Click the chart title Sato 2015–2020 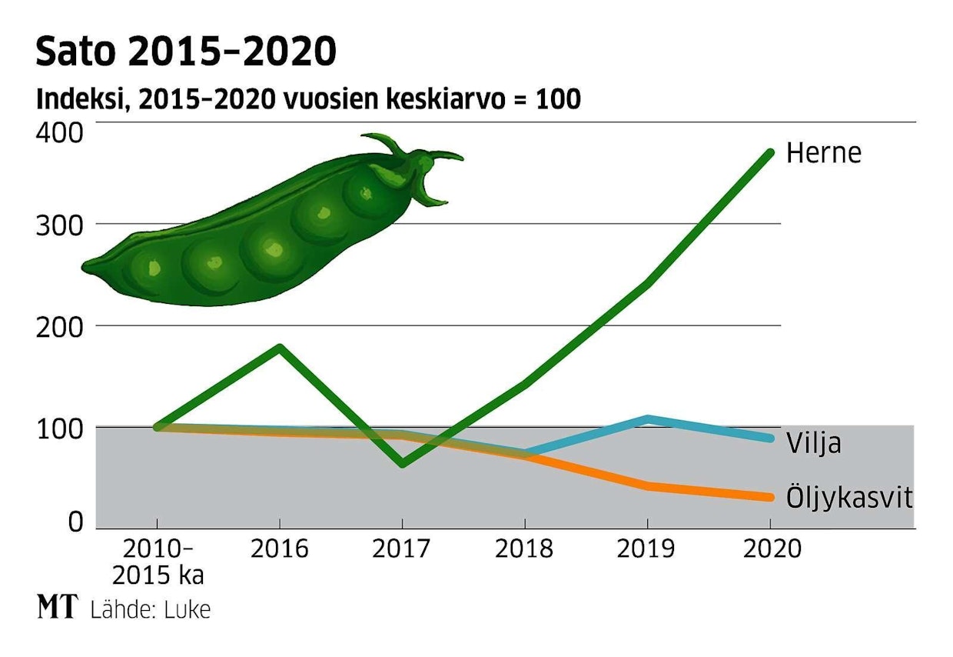[186, 52]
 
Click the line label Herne [824, 153]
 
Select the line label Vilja [813, 444]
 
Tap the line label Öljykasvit [849, 499]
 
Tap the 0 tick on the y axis [75, 522]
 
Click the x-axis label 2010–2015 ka [157, 562]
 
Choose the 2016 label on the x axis [280, 549]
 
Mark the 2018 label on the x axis [525, 549]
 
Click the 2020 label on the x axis [770, 549]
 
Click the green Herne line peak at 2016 [280, 347]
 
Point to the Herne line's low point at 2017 [402, 464]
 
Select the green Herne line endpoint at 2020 [770, 152]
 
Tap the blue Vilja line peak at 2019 [648, 419]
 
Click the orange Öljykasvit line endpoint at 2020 [770, 497]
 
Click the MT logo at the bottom [57, 608]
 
